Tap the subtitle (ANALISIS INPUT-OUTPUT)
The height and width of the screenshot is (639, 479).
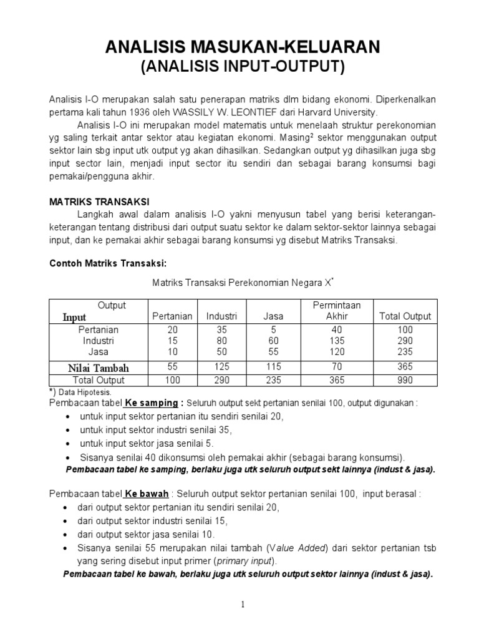(239, 67)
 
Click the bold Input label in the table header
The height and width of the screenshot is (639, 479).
(74, 317)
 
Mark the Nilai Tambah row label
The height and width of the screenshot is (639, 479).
(100, 367)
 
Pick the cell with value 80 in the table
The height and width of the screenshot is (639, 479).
(221, 341)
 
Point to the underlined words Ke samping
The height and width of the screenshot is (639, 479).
(148, 403)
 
